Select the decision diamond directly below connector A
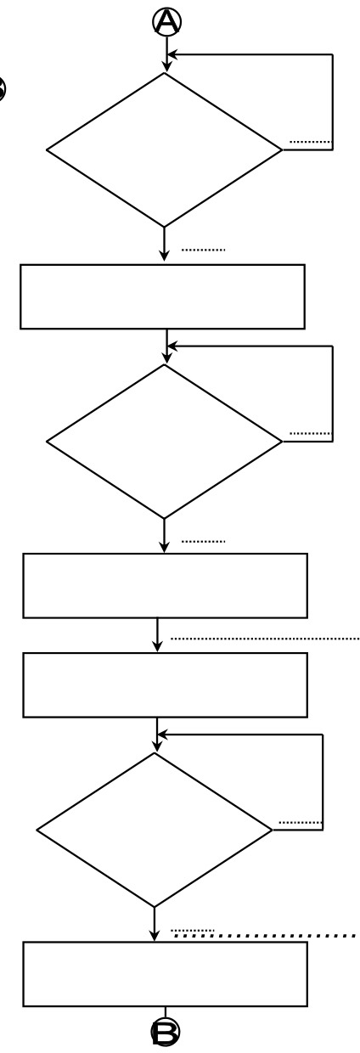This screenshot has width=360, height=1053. coord(164,150)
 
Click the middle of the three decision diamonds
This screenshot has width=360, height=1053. coord(164,442)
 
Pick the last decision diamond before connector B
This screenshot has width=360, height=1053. coord(155,831)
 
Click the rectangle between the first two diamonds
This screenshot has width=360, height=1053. coord(163,296)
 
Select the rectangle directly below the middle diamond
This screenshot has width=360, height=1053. coord(166,586)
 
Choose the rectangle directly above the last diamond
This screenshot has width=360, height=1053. coord(166,685)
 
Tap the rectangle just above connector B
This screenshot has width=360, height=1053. coord(166,974)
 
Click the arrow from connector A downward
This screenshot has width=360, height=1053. coord(167,54)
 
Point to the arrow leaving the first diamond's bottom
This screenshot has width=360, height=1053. coord(164,244)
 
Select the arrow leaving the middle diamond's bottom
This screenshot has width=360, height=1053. coord(164,535)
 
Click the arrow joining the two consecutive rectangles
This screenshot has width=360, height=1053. coord(157,635)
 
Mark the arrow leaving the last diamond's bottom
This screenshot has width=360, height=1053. coord(155,924)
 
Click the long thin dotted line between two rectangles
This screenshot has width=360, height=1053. coord(265,639)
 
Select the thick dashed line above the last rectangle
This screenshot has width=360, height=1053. coord(265,936)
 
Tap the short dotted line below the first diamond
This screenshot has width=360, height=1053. coord(204,250)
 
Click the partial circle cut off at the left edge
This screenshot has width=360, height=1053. coord(3,89)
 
